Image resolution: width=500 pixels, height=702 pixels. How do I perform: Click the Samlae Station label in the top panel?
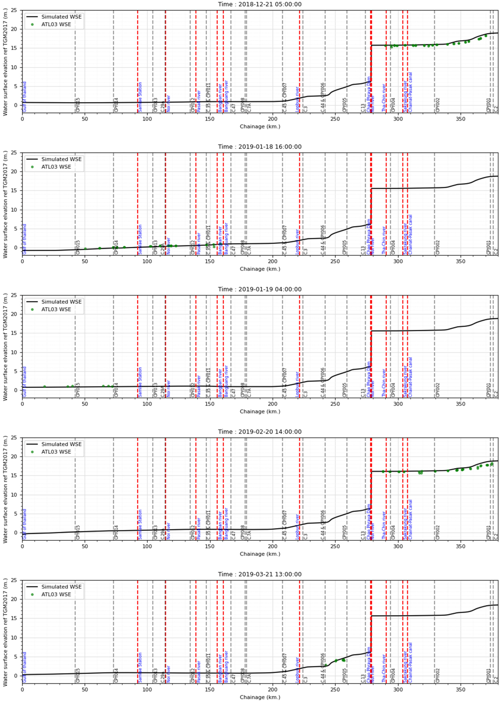click(x=140, y=97)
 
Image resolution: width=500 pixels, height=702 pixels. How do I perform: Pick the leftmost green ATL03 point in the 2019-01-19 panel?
click(x=45, y=387)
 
